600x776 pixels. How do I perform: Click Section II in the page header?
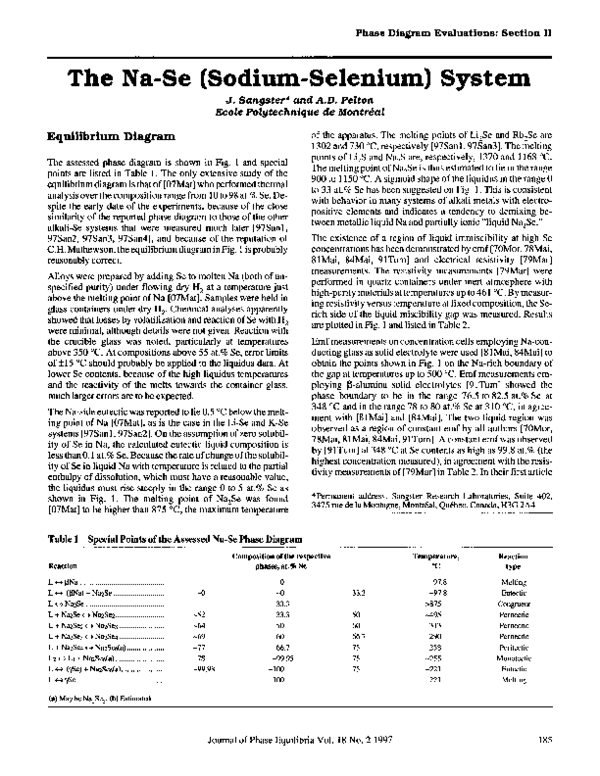coord(553,35)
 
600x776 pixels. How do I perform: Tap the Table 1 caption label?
coord(67,538)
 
